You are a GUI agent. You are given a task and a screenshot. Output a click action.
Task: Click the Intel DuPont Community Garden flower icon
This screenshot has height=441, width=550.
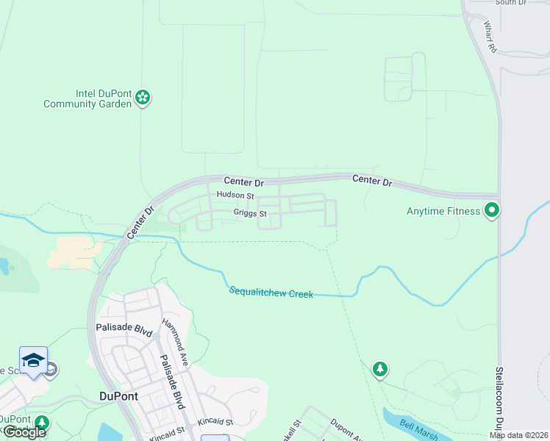click(143, 98)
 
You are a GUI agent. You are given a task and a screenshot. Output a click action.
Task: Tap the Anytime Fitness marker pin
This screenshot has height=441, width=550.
click(492, 211)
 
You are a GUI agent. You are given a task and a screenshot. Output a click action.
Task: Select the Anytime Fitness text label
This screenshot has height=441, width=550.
click(443, 212)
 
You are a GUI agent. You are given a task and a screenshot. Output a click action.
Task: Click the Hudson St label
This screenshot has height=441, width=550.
click(235, 196)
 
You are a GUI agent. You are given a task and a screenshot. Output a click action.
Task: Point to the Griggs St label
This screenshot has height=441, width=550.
click(249, 214)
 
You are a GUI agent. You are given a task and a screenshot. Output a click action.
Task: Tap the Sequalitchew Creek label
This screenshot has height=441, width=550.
click(271, 293)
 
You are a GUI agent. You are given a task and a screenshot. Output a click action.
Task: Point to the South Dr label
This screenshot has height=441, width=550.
click(510, 3)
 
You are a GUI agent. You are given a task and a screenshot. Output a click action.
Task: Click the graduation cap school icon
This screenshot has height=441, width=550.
click(33, 360)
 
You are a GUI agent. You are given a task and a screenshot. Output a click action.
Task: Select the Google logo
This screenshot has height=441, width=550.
click(24, 432)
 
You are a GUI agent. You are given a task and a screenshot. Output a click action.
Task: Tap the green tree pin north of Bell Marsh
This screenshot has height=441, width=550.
click(379, 368)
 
